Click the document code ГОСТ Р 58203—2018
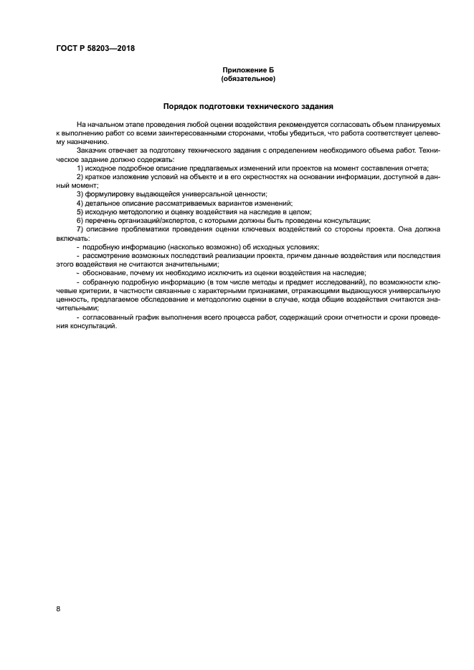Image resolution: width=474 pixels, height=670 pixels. [x=95, y=49]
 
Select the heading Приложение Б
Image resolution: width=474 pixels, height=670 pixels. [x=248, y=71]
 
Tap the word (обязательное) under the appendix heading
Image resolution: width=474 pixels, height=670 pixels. [x=248, y=79]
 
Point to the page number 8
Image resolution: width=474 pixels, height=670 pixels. [x=58, y=609]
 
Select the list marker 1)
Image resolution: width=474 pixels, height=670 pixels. [x=80, y=168]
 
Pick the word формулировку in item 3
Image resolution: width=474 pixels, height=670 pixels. [x=111, y=194]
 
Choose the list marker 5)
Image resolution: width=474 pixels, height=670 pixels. [x=80, y=212]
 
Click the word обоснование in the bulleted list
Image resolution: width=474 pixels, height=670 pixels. [x=106, y=273]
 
